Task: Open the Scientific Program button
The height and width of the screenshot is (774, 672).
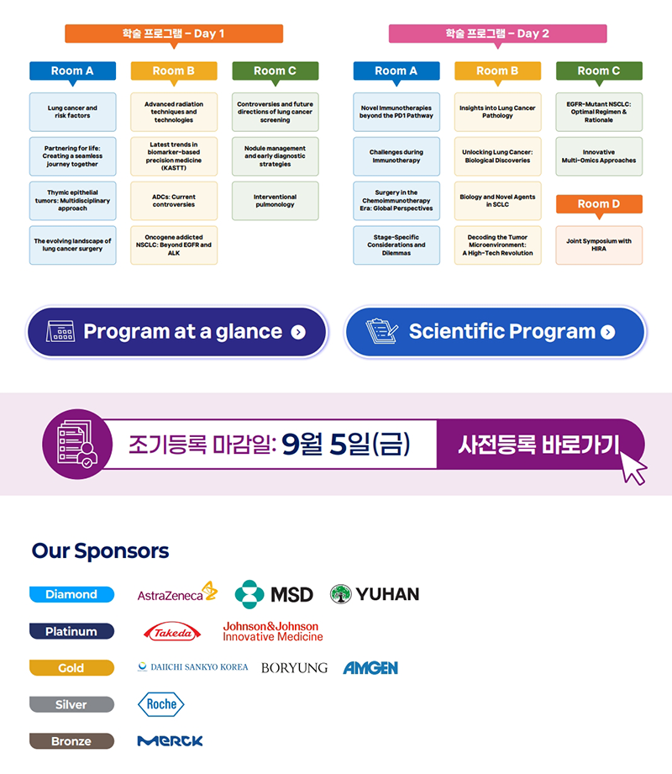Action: (x=496, y=332)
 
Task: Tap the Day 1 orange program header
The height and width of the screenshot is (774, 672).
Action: (x=174, y=34)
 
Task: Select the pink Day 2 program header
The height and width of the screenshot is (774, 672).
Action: (x=497, y=34)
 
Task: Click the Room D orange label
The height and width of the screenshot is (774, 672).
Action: (x=599, y=204)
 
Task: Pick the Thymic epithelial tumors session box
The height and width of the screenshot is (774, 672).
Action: (x=72, y=201)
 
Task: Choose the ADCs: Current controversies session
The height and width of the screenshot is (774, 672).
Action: (x=174, y=201)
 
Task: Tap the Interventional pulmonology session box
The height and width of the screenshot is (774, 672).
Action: (x=275, y=201)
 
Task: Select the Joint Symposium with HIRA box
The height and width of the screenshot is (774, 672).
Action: (x=599, y=245)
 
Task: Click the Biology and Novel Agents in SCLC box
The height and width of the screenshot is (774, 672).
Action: (x=497, y=201)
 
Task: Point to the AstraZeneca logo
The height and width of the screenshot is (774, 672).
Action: (x=177, y=593)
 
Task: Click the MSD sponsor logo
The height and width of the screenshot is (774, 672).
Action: (x=274, y=593)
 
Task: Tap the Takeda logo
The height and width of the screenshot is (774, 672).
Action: (x=172, y=632)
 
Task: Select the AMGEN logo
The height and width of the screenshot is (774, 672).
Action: (x=370, y=668)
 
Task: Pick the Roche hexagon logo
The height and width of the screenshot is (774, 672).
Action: (x=160, y=705)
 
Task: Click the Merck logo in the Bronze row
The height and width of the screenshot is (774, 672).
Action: (x=170, y=741)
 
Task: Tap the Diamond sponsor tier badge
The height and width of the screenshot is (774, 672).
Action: (x=71, y=594)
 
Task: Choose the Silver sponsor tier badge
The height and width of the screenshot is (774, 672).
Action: (x=71, y=704)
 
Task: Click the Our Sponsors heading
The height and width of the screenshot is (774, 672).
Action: (x=100, y=551)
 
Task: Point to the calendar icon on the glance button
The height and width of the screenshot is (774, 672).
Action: (x=60, y=332)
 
